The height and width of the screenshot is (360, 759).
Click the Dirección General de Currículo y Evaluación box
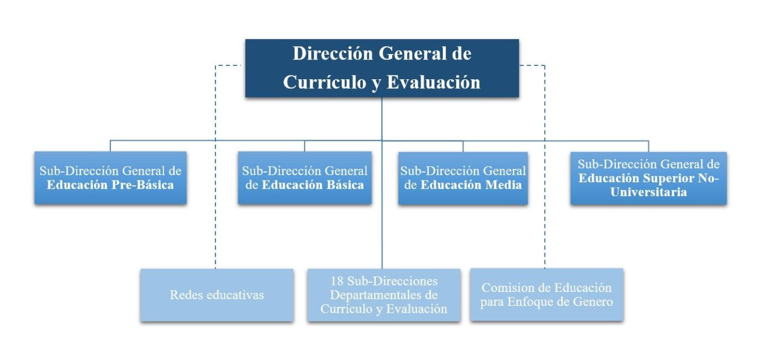pyautogui.click(x=382, y=68)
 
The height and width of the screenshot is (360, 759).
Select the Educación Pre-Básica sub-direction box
pyautogui.click(x=110, y=178)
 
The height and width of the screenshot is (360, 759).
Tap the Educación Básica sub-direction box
pyautogui.click(x=304, y=178)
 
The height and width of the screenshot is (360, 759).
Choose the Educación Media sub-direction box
pyautogui.click(x=463, y=178)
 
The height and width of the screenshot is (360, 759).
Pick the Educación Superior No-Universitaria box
pyautogui.click(x=649, y=178)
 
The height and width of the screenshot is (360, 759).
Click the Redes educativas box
pyautogui.click(x=217, y=295)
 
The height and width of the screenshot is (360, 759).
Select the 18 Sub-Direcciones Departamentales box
pyautogui.click(x=384, y=295)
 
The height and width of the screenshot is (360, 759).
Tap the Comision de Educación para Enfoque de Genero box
pyautogui.click(x=547, y=295)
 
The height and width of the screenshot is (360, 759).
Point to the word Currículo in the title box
pyautogui.click(x=325, y=82)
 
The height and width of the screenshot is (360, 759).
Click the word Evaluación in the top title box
pyautogui.click(x=434, y=82)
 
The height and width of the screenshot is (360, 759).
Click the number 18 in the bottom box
pyautogui.click(x=337, y=281)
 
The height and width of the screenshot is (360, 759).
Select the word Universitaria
pyautogui.click(x=649, y=192)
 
